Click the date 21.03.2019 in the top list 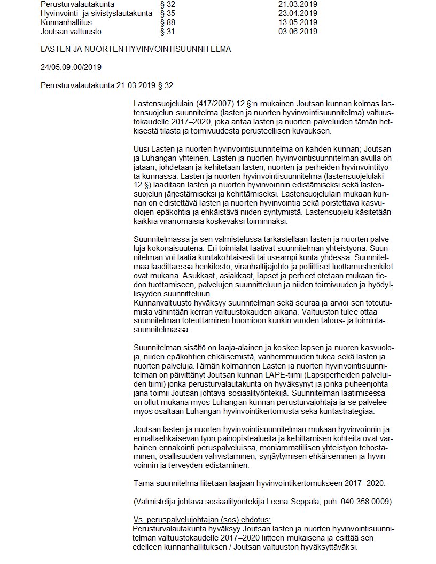298,4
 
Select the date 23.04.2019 298,13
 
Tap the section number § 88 168,22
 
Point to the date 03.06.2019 298,32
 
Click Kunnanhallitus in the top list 66,22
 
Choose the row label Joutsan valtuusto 71,32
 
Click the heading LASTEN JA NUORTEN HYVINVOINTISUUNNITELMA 136,49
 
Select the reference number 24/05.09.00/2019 71,67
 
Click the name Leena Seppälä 304,501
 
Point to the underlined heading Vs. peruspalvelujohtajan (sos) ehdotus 202,520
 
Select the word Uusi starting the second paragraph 142,148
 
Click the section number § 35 168,13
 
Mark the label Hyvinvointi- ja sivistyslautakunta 96,13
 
